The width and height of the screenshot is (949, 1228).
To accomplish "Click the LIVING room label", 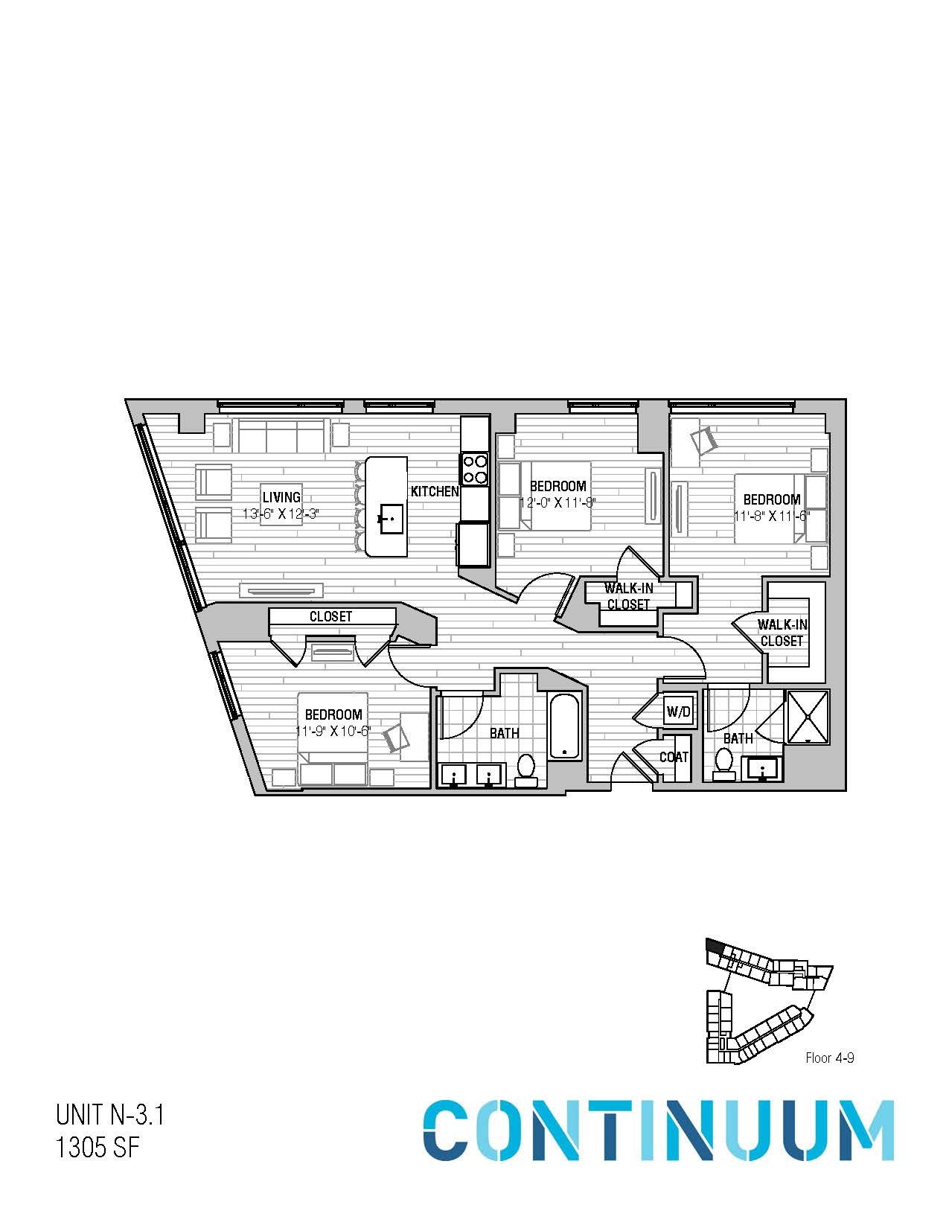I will coord(281,497).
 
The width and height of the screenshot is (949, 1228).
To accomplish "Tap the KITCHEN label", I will coord(435,491).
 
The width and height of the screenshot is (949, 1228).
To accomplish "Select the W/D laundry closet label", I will coord(678,712).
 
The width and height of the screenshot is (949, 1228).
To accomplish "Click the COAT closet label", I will coord(674,757).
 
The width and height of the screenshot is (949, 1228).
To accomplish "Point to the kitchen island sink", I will coord(391,517).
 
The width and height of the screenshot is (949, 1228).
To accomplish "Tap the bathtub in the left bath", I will coord(565,726).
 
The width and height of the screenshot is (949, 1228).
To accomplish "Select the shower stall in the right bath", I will coord(807,717).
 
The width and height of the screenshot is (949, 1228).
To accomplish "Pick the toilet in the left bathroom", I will coord(526,768).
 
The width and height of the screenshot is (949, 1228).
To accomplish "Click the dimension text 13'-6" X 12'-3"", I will coord(281,514).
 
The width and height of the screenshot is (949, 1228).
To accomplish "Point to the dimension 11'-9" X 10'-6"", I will coord(333,731).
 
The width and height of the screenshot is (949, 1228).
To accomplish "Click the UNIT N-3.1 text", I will coord(109,1116).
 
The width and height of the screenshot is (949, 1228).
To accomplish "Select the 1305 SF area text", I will coord(98,1148).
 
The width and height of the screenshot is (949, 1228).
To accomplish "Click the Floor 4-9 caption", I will coord(829,1058).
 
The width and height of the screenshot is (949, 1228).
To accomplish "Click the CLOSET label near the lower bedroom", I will coord(330,617).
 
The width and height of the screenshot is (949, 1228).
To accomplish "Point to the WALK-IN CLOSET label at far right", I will coord(782,633).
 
